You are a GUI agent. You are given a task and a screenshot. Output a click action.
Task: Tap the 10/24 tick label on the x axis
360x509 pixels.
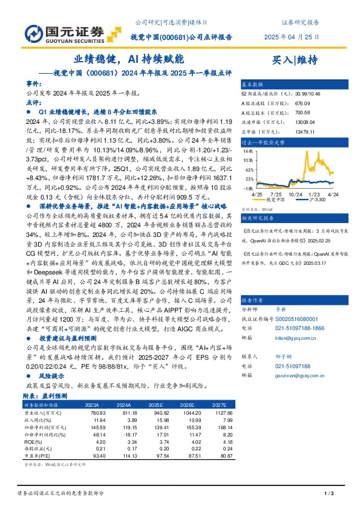[295, 194]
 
